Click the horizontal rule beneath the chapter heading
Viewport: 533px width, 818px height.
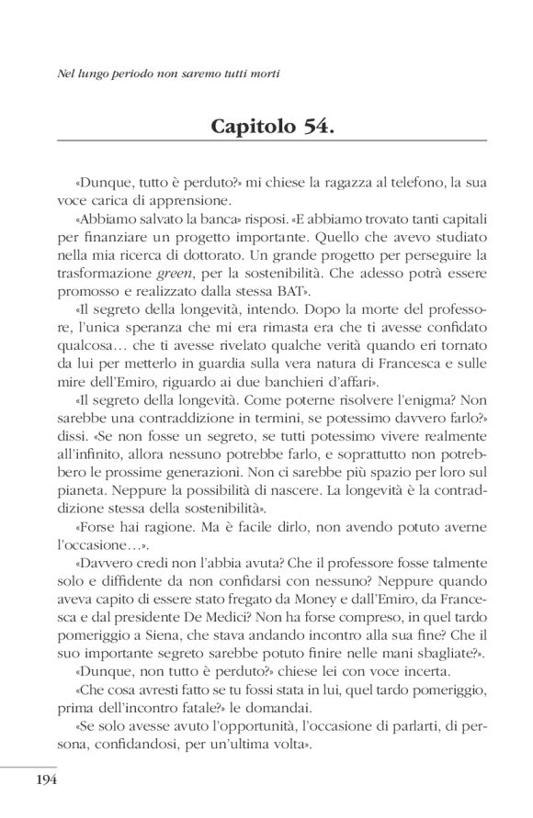[266, 143]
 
